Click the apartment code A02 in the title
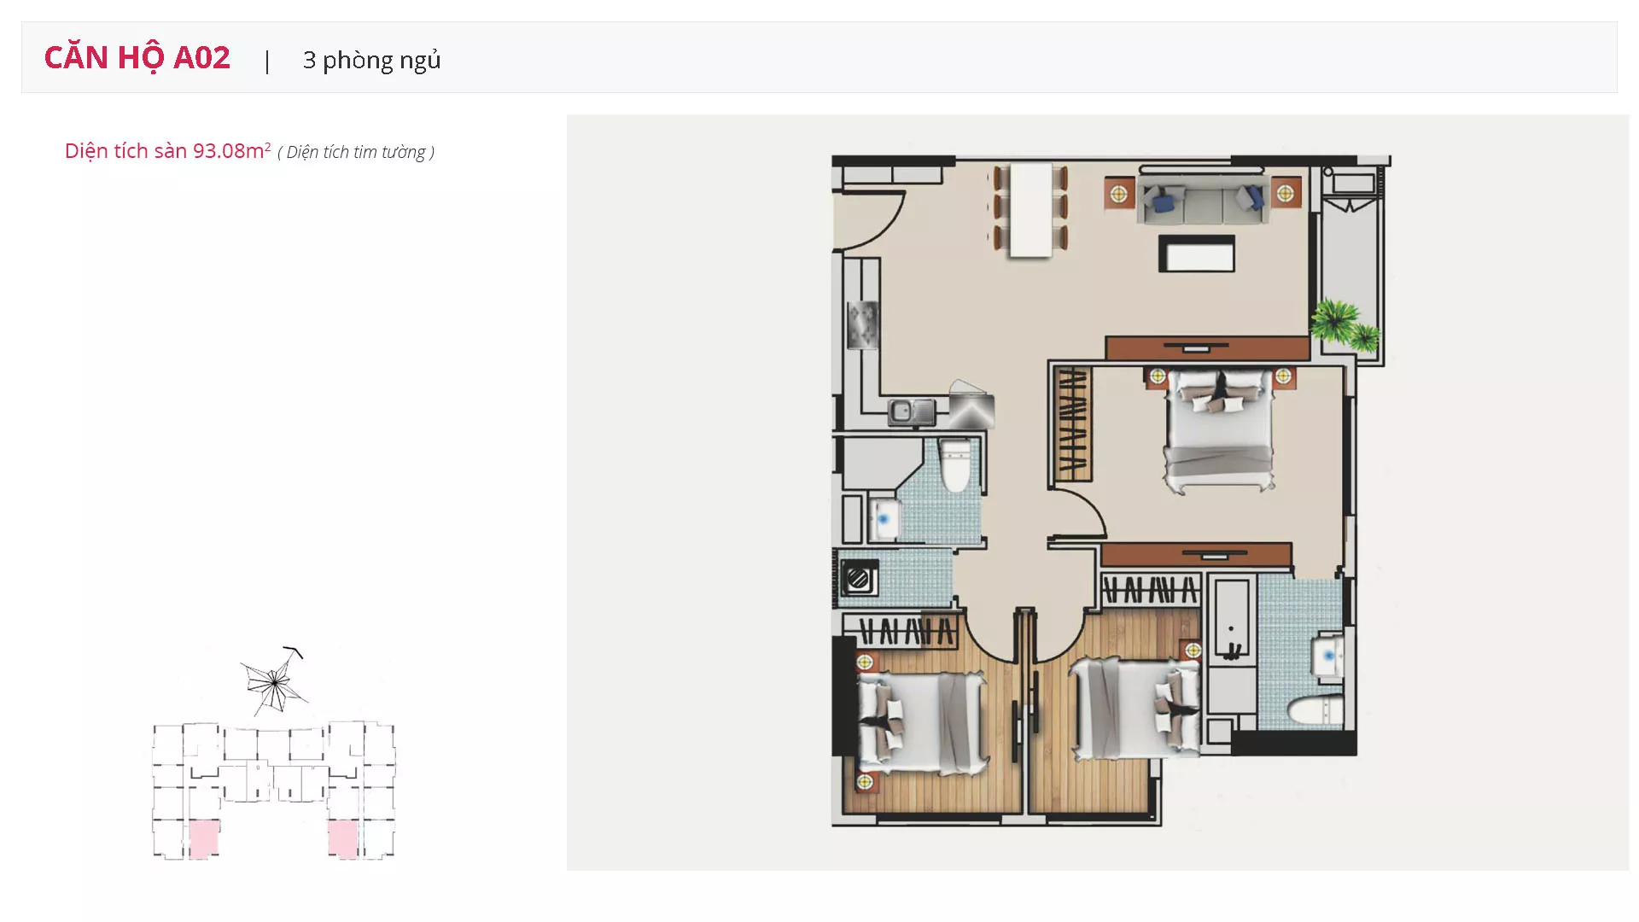click(x=201, y=57)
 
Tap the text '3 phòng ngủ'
click(x=371, y=60)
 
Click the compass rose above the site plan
click(x=273, y=681)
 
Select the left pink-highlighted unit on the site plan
click(x=203, y=839)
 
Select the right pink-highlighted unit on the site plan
click(x=343, y=838)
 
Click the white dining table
click(x=1030, y=209)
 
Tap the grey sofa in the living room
click(x=1202, y=201)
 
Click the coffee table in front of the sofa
click(x=1197, y=254)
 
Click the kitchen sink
click(x=912, y=412)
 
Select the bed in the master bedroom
click(x=1220, y=430)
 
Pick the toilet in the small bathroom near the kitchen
click(x=956, y=466)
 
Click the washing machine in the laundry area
click(x=859, y=578)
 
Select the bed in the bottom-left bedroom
click(x=923, y=722)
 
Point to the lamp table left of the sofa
click(x=1118, y=195)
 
